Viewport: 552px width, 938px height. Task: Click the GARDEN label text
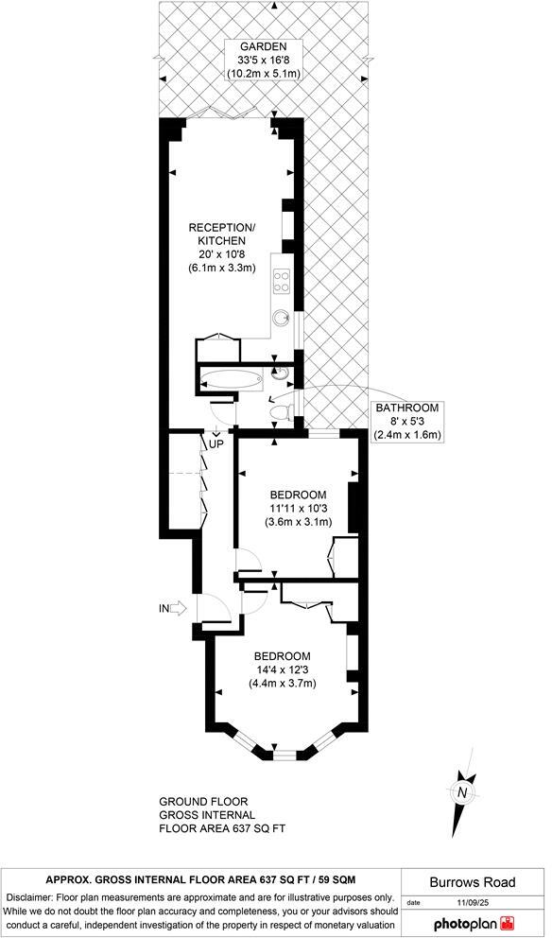pyautogui.click(x=256, y=46)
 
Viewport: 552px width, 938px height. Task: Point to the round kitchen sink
pyautogui.click(x=282, y=319)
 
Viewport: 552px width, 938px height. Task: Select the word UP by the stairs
pyautogui.click(x=216, y=443)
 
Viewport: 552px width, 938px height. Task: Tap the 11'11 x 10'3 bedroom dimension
pyautogui.click(x=298, y=509)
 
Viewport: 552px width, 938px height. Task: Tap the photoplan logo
pyautogui.click(x=473, y=923)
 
